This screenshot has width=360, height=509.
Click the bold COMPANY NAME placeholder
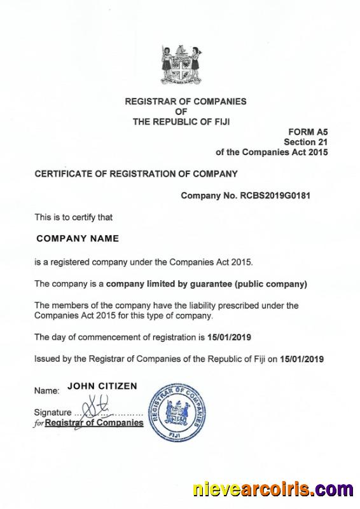pos(78,239)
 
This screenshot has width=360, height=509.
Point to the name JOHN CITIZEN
pos(102,386)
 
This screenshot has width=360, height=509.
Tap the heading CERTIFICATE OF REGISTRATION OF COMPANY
pos(135,173)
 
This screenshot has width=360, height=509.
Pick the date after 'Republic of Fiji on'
pos(301,358)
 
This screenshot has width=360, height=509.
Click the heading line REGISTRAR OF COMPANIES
pos(185,101)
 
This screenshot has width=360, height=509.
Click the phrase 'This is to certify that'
pos(73,217)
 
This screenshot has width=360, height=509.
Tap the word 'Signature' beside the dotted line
pos(52,412)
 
